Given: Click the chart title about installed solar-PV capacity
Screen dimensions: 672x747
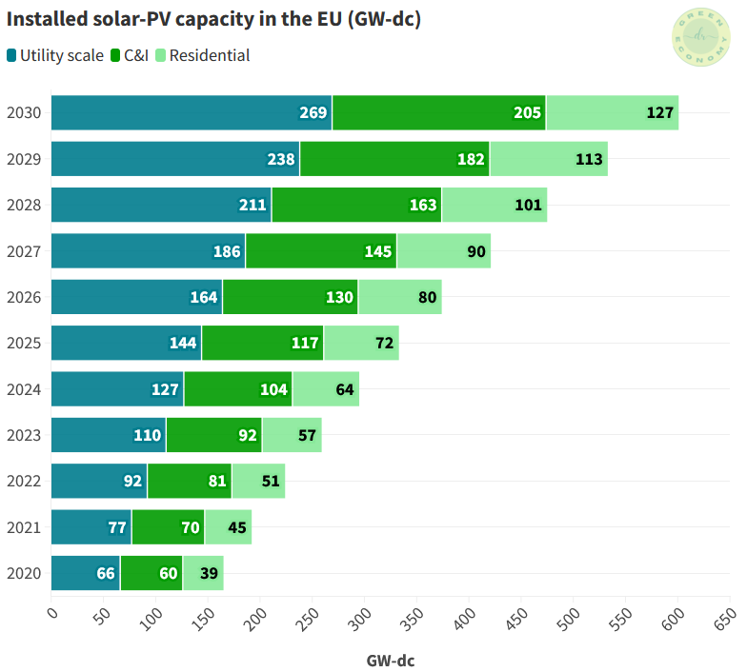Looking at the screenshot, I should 214,19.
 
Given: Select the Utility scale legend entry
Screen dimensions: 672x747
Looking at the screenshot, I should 55,55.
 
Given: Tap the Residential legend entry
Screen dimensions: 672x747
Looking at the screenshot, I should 202,55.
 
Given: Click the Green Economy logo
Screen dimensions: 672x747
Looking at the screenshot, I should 702,37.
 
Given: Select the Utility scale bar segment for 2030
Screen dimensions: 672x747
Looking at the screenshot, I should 191,112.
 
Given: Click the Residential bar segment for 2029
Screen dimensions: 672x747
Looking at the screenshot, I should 549,159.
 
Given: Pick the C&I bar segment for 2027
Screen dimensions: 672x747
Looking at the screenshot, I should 321,251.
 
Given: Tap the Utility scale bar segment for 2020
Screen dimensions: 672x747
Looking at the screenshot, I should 85,573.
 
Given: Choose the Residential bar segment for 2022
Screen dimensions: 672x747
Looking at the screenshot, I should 258,481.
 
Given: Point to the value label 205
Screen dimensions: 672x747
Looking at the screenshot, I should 527,112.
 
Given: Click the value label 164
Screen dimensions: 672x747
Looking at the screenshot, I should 204,297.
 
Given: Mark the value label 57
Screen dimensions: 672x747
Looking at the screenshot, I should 308,435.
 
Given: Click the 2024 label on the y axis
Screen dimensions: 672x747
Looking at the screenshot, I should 23,389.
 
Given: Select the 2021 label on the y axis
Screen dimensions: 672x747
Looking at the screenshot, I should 23,527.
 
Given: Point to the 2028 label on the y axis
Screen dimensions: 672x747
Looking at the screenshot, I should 23,205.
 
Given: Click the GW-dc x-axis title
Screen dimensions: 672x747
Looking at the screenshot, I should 391,660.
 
